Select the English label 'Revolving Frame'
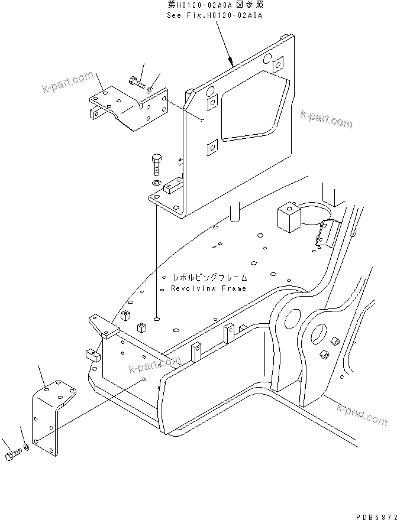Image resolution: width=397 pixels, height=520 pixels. pyautogui.click(x=208, y=288)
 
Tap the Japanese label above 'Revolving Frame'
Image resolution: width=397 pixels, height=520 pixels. pyautogui.click(x=210, y=277)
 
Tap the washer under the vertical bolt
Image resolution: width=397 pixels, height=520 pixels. pyautogui.click(x=156, y=183)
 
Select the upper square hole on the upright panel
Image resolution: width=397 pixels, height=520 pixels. pyautogui.click(x=211, y=104)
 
